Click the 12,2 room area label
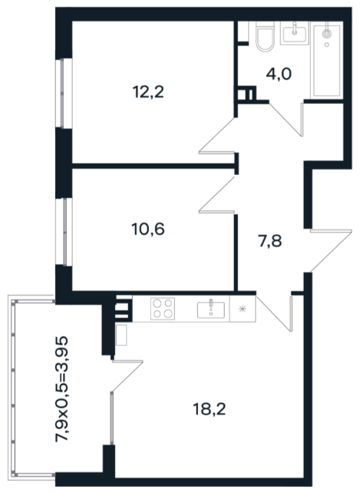148,92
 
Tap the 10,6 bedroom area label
148,229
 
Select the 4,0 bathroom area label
279,74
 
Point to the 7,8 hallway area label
270,242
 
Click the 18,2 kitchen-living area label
210,409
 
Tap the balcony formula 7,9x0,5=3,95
61,389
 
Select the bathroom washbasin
295,33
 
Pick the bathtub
327,61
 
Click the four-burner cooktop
163,309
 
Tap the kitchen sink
211,309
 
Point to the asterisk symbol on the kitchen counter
242,309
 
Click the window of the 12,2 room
64,94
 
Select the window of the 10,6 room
64,232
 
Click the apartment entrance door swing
330,250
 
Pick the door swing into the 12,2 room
217,136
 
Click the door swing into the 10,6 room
217,195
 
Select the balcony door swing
127,376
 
